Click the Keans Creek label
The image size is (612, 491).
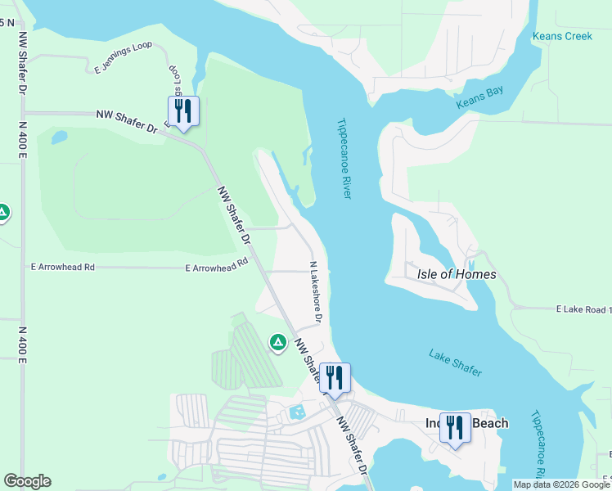click(561, 36)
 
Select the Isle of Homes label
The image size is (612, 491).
click(457, 274)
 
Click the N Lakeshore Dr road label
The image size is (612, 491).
click(315, 291)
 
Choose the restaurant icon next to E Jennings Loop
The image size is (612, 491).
click(183, 112)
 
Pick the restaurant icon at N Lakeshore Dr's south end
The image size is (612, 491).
click(334, 379)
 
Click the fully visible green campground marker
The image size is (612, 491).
click(277, 341)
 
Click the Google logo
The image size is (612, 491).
click(27, 481)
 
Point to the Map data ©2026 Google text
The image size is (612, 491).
click(560, 484)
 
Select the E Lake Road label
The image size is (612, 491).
click(583, 310)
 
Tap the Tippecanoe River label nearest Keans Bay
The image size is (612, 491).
click(344, 159)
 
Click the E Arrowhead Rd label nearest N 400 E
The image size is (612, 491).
click(62, 268)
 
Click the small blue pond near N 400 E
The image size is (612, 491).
click(59, 137)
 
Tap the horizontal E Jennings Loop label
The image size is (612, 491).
click(121, 65)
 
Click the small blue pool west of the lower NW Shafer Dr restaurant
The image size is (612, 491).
click(296, 412)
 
